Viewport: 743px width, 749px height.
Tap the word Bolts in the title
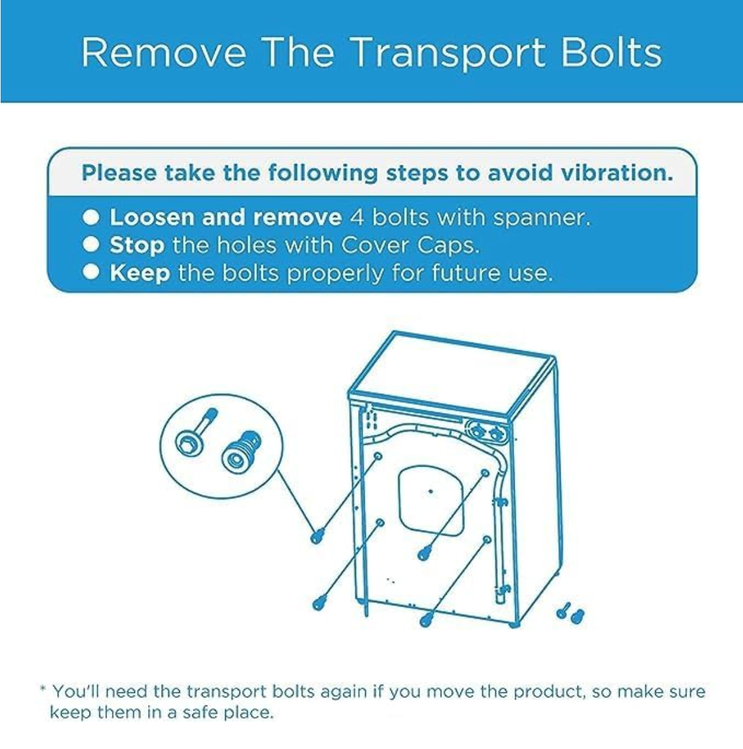tap(612, 52)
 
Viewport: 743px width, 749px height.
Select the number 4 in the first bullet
tap(357, 217)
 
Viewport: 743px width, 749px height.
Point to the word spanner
tap(541, 218)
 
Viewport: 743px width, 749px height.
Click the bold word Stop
tap(138, 246)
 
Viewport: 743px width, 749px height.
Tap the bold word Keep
tap(141, 273)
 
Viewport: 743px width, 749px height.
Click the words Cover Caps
tap(410, 245)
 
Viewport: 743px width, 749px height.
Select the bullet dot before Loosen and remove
tap(91, 217)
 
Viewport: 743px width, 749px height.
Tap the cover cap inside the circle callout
tap(241, 452)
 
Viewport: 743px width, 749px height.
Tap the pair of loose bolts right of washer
tap(570, 615)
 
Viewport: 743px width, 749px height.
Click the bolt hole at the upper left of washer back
tap(378, 456)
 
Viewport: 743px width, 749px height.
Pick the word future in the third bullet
tap(467, 273)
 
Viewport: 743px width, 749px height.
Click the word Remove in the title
tap(164, 53)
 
